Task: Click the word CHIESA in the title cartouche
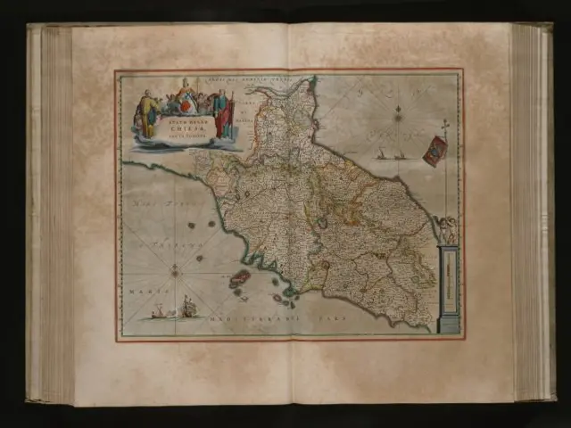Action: [183, 126]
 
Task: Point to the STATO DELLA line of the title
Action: [183, 119]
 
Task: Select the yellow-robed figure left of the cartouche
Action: [147, 114]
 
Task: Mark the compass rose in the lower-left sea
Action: [174, 269]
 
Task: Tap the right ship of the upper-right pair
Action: [399, 154]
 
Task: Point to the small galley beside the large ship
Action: [159, 311]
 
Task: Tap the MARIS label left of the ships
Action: [137, 291]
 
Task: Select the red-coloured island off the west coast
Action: [240, 279]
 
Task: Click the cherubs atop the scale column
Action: [446, 230]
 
